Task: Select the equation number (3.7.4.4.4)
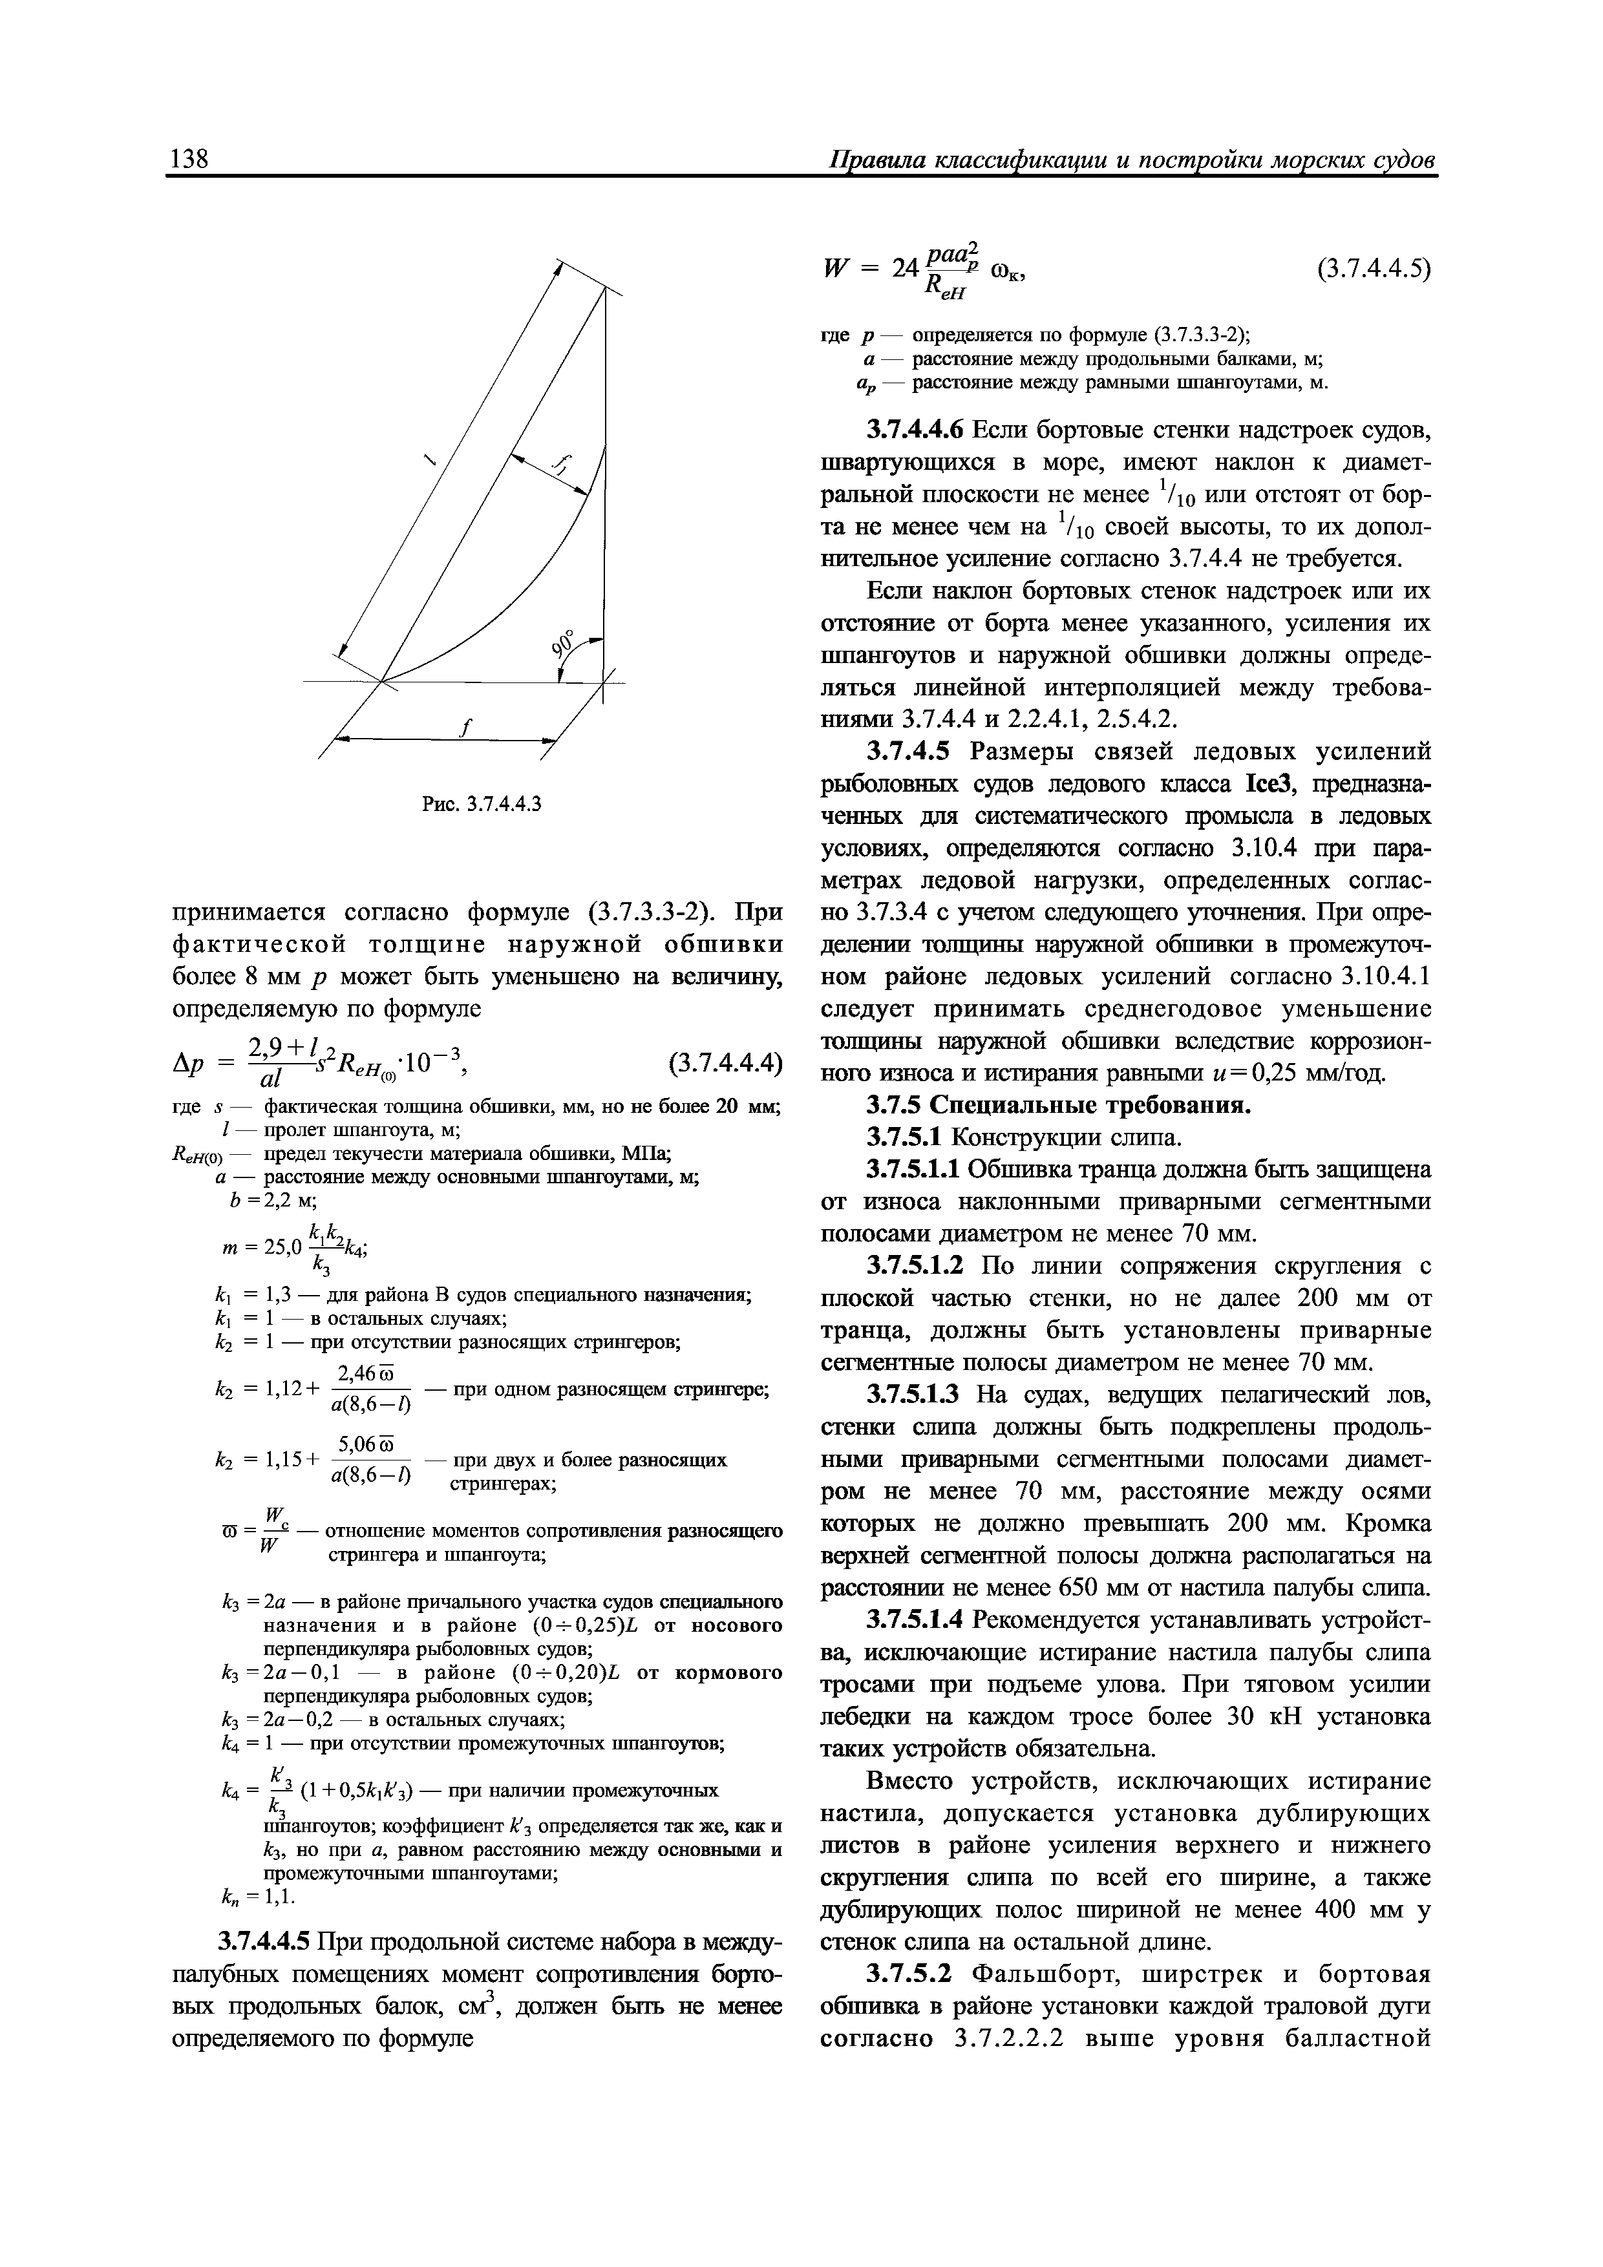coord(725,1064)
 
